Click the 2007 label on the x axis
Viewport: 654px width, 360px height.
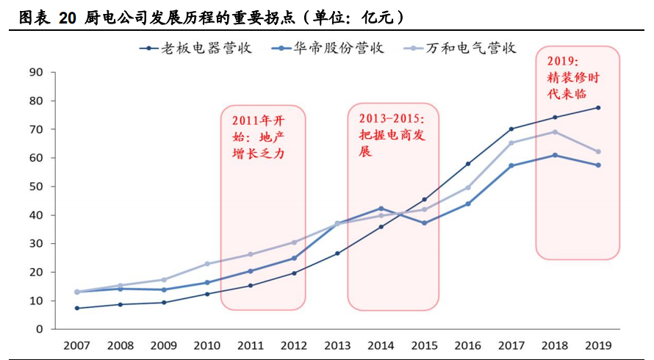(76, 345)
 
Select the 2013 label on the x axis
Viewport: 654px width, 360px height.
(337, 345)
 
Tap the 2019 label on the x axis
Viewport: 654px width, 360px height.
(597, 345)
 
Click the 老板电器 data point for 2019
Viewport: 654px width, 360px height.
(598, 108)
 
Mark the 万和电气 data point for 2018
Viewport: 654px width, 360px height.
(555, 132)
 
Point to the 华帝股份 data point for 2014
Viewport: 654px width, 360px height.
(381, 209)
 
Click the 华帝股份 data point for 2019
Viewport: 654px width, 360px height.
(598, 165)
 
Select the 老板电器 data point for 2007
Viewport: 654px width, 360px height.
(76, 308)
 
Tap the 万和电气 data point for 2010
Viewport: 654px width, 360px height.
(207, 264)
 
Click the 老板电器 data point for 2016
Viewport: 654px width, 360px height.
(467, 164)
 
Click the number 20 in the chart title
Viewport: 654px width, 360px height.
(68, 16)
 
